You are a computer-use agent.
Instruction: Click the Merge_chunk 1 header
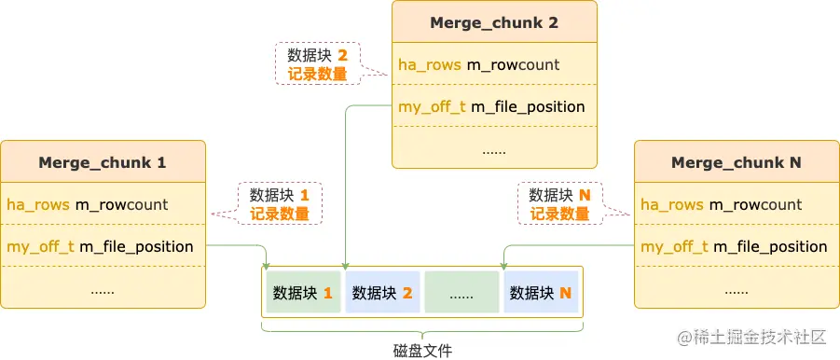103,162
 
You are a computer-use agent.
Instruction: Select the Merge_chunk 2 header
494,22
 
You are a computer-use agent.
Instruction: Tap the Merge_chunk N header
737,162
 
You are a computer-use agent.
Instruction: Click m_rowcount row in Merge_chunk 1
103,204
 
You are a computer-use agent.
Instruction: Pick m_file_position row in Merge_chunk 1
103,246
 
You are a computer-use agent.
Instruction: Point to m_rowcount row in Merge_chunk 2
494,64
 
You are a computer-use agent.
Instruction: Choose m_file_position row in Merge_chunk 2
494,106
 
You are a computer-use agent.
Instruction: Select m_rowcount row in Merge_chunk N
737,204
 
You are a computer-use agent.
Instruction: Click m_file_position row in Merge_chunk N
737,246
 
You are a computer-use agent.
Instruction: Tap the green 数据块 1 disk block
303,293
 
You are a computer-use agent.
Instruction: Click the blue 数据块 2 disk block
382,293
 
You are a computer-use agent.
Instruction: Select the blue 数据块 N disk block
541,293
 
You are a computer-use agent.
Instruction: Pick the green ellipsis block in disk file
461,293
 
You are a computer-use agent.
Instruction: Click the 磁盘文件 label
422,350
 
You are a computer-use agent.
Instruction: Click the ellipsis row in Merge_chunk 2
494,148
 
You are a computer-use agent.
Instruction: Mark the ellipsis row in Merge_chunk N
737,288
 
